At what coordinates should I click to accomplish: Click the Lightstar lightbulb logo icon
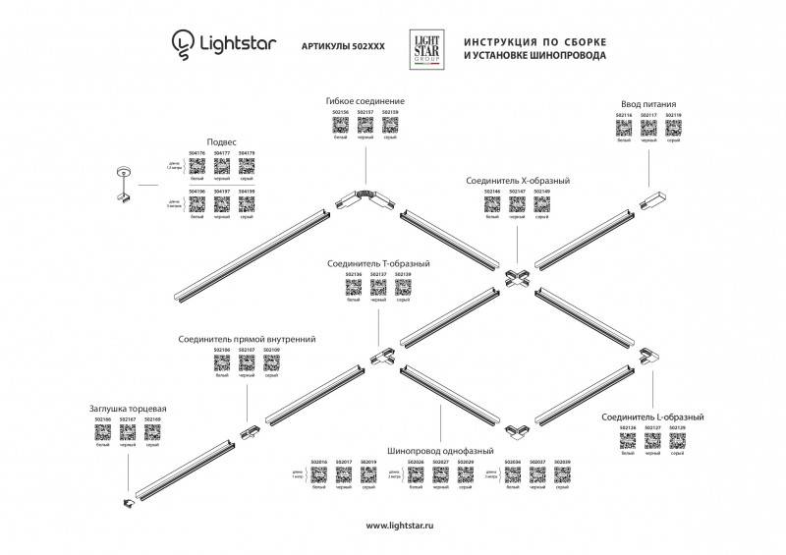tap(182, 42)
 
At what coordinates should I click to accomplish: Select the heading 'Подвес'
tap(221, 142)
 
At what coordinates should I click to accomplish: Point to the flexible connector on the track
tap(365, 195)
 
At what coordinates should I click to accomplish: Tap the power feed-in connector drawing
tap(649, 202)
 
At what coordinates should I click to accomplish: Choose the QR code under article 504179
tap(247, 167)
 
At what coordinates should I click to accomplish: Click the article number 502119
tap(673, 115)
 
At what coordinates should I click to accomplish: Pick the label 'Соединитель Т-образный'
tap(379, 263)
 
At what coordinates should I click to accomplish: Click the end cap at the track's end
tap(127, 505)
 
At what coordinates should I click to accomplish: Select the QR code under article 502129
tap(676, 441)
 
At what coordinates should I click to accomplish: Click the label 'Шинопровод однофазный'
tap(440, 450)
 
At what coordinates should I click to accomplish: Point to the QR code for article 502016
tap(318, 474)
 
